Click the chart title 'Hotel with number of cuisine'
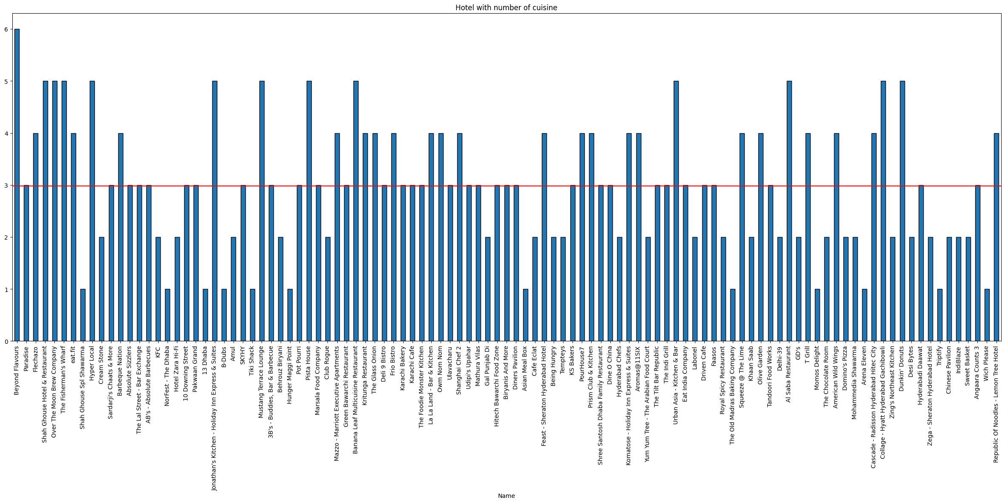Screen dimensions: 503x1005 point(506,8)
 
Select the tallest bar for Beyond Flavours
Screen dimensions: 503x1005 point(17,185)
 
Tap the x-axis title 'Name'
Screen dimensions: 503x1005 point(506,496)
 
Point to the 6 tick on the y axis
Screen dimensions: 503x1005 point(6,29)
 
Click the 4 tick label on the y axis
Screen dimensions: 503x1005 point(6,134)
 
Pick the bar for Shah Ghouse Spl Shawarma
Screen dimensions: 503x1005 point(83,315)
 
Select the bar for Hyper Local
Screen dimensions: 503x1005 point(92,211)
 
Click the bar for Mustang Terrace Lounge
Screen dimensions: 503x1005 point(262,211)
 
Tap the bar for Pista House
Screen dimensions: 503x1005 point(309,211)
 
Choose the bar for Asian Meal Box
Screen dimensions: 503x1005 point(526,315)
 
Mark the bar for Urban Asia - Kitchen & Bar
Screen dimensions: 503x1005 point(676,211)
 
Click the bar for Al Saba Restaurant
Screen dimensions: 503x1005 point(789,211)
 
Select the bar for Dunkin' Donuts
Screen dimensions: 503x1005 point(903,211)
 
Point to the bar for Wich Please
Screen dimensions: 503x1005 point(987,315)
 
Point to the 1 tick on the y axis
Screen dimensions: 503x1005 point(6,290)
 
